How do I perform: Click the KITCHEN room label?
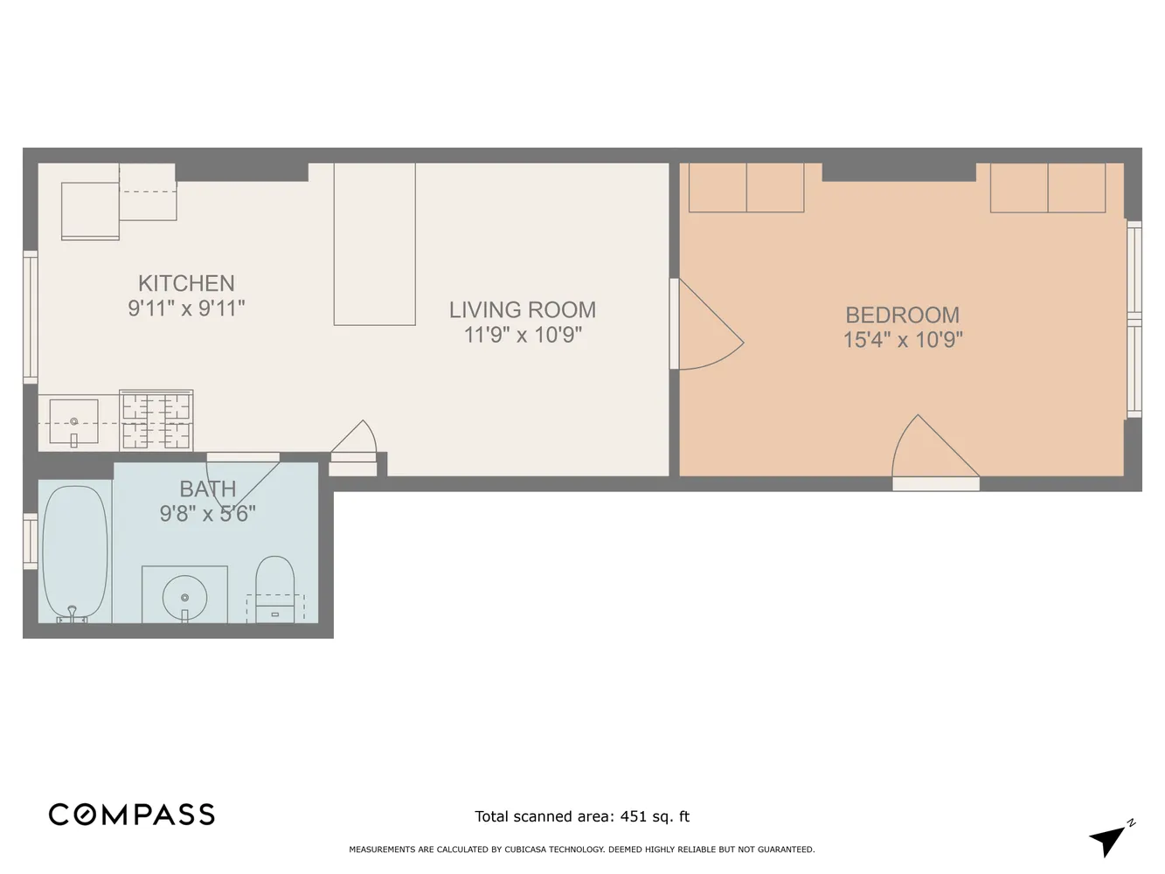[186, 283]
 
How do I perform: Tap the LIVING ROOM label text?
[523, 309]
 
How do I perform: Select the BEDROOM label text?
[902, 315]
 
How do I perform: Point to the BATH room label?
[208, 489]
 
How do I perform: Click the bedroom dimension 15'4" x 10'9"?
[902, 339]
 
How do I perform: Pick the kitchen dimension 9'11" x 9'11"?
[186, 308]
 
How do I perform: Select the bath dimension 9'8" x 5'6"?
[208, 513]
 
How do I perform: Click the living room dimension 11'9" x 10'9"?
[523, 335]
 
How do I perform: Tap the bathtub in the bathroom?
[75, 552]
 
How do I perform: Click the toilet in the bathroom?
[274, 586]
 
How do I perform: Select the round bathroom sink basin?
[184, 596]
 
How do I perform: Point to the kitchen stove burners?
[156, 420]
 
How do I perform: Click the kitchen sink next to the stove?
[73, 421]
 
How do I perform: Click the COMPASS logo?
[132, 815]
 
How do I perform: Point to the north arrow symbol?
[1109, 840]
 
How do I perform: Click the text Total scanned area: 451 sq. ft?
[582, 816]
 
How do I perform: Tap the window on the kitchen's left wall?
[31, 316]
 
